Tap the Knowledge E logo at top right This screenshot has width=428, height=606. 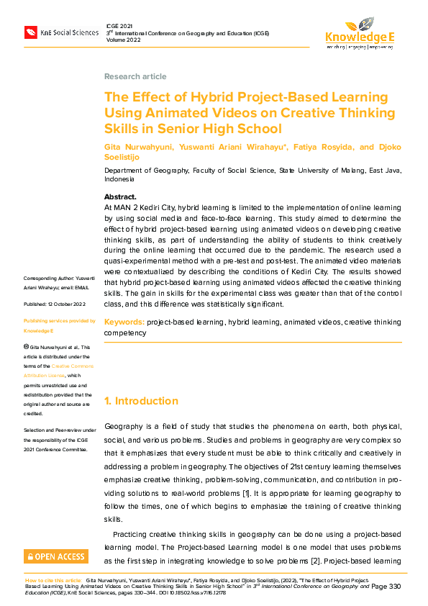tap(360, 32)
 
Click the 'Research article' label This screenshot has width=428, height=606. tap(135, 76)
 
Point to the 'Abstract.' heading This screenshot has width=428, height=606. tap(120, 196)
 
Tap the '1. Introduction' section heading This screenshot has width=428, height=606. tap(141, 401)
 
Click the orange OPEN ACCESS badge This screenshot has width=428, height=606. tap(56, 556)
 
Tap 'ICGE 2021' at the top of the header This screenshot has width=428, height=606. tap(119, 25)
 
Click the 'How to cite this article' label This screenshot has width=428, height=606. tap(53, 579)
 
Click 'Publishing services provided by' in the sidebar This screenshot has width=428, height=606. tap(60, 320)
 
